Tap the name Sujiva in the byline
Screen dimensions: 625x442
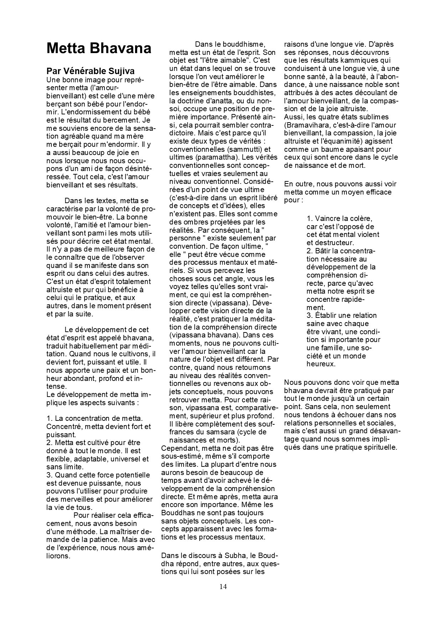pyautogui.click(x=120, y=71)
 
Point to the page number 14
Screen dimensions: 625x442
pyautogui.click(x=223, y=587)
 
